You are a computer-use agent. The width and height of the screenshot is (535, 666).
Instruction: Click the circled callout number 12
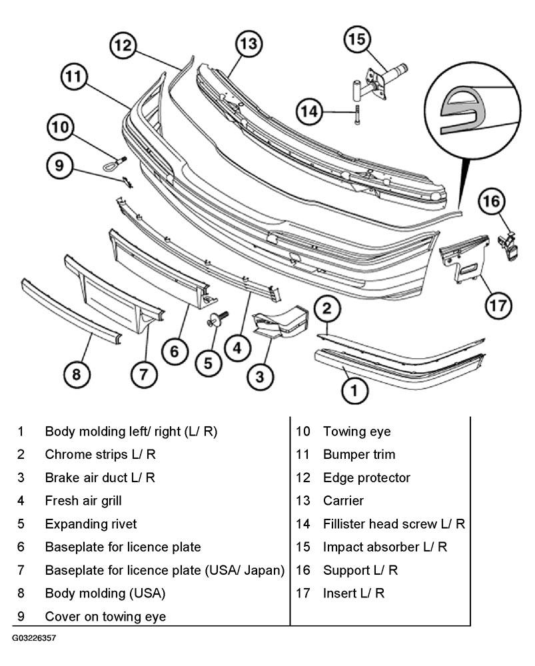pyautogui.click(x=123, y=45)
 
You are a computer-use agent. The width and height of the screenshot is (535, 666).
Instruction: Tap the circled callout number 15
pyautogui.click(x=357, y=39)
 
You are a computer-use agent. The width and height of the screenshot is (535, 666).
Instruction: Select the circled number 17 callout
pyautogui.click(x=498, y=305)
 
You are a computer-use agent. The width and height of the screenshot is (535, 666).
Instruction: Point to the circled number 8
pyautogui.click(x=77, y=374)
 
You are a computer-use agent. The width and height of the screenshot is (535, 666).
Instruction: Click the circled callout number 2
pyautogui.click(x=326, y=308)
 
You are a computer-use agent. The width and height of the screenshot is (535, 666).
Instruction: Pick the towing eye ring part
pyautogui.click(x=114, y=165)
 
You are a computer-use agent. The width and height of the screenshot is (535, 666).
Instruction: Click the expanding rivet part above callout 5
pyautogui.click(x=217, y=318)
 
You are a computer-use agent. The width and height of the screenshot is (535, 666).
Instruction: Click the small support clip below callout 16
pyautogui.click(x=508, y=246)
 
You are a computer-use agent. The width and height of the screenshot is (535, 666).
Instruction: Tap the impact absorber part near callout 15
pyautogui.click(x=378, y=82)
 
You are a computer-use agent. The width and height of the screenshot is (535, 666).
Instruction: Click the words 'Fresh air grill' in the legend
pyautogui.click(x=83, y=501)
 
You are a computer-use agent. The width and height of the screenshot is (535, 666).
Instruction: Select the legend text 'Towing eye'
pyautogui.click(x=357, y=432)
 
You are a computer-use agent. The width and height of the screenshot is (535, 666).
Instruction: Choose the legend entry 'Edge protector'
pyautogui.click(x=366, y=478)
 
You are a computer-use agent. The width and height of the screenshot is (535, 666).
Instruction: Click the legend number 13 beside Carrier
pyautogui.click(x=303, y=501)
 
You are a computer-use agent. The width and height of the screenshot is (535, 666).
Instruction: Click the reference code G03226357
pyautogui.click(x=33, y=638)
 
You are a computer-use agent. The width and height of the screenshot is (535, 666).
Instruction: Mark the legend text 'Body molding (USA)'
pyautogui.click(x=105, y=593)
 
